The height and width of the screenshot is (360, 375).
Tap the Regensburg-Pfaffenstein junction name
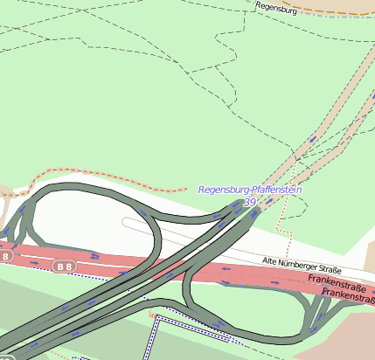(x=250, y=190)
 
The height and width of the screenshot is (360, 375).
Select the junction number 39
(x=251, y=203)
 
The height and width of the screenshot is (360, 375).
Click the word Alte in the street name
(x=272, y=260)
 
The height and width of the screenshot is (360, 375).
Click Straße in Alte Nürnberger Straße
(x=330, y=269)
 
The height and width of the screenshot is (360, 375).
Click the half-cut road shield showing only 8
(x=6, y=257)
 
